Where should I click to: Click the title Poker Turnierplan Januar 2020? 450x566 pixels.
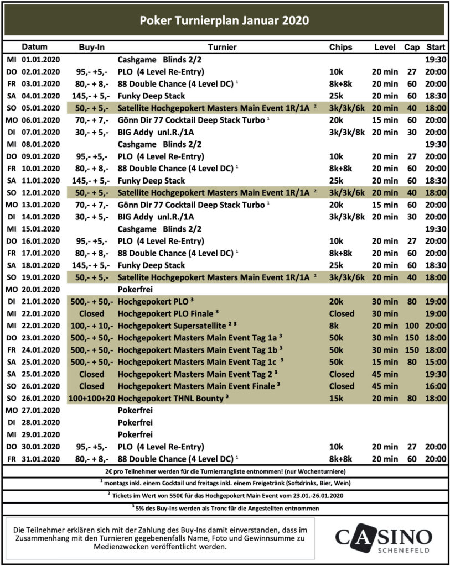pyautogui.click(x=224, y=20)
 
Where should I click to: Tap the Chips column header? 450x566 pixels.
pyautogui.click(x=340, y=47)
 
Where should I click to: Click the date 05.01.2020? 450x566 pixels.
pyautogui.click(x=40, y=108)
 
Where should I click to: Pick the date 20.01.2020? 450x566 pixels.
pyautogui.click(x=40, y=289)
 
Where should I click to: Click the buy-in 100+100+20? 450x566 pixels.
pyautogui.click(x=91, y=399)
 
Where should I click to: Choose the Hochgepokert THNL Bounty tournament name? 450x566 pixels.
pyautogui.click(x=168, y=399)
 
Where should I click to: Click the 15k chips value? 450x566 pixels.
pyautogui.click(x=337, y=399)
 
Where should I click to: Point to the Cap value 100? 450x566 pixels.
pyautogui.click(x=411, y=326)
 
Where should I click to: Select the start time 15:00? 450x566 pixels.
pyautogui.click(x=436, y=362)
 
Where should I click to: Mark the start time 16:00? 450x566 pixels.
pyautogui.click(x=436, y=386)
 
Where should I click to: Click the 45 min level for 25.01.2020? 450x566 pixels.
pyautogui.click(x=384, y=374)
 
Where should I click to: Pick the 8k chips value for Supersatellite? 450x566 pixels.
pyautogui.click(x=334, y=326)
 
